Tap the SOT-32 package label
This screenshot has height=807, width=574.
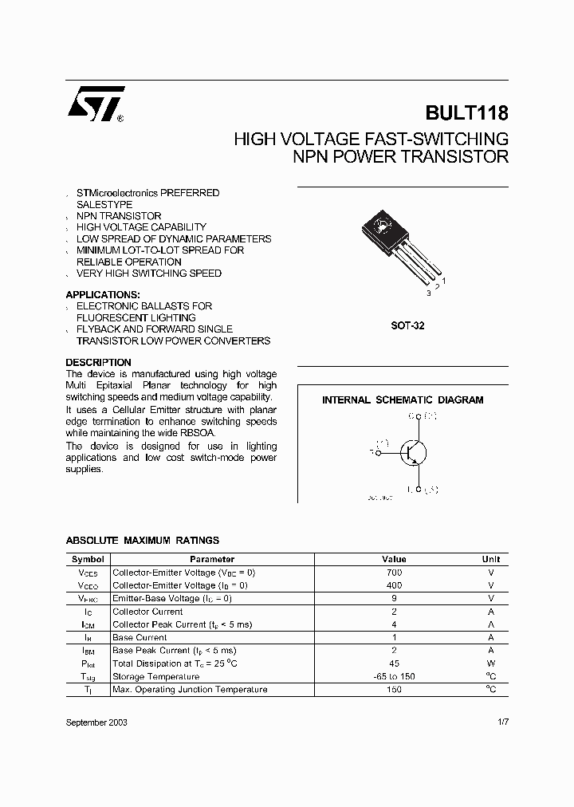pos(407,326)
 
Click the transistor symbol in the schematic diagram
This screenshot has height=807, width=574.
pos(412,452)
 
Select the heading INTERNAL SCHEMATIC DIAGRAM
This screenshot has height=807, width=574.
pos(403,400)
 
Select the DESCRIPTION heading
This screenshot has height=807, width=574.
pos(98,363)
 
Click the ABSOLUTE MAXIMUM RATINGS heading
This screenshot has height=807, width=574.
pos(142,541)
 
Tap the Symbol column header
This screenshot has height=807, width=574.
pos(88,560)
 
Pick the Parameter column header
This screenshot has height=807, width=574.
pos(212,560)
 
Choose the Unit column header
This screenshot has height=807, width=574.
pos(491,560)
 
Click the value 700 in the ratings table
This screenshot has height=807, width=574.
pos(394,573)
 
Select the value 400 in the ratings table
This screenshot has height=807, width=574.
pos(394,585)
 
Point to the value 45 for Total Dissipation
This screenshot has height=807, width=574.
pos(394,663)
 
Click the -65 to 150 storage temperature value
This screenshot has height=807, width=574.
pos(394,676)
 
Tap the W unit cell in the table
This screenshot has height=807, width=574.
pos(491,663)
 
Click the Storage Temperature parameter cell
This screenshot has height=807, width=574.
pos(151,676)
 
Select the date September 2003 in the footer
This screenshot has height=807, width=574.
pos(96,722)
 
